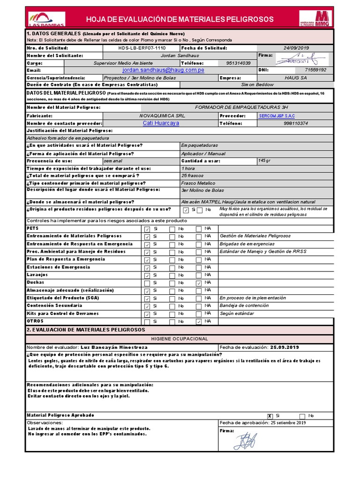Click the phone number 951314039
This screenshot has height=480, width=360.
coord(238,63)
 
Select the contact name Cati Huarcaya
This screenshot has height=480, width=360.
coord(161,123)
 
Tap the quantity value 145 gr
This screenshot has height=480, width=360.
coord(264,161)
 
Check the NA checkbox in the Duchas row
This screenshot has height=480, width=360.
coord(199,283)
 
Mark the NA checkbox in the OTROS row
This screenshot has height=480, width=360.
coord(199,322)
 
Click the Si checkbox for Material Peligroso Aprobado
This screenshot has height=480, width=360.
coord(270,416)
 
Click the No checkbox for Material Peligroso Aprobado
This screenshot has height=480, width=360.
coord(302,416)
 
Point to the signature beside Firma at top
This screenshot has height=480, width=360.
coord(297,59)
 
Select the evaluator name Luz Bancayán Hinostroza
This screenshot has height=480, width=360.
coord(114,347)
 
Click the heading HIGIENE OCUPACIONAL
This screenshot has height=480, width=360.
coord(180,338)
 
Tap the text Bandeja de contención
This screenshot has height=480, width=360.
coord(244,306)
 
